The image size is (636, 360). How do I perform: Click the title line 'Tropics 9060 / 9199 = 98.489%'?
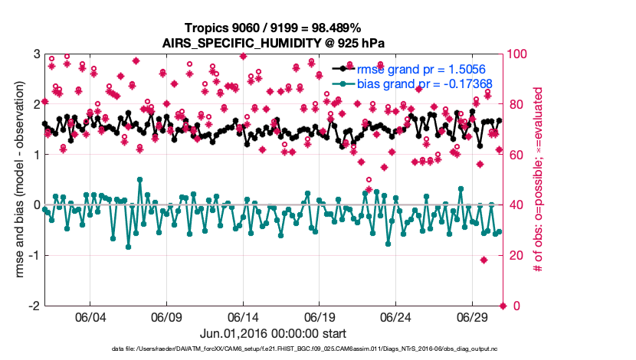(273, 28)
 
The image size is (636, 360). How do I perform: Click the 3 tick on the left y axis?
(37, 54)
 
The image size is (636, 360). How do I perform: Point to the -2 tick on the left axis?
(34, 306)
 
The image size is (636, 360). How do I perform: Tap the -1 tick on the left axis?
(34, 255)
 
